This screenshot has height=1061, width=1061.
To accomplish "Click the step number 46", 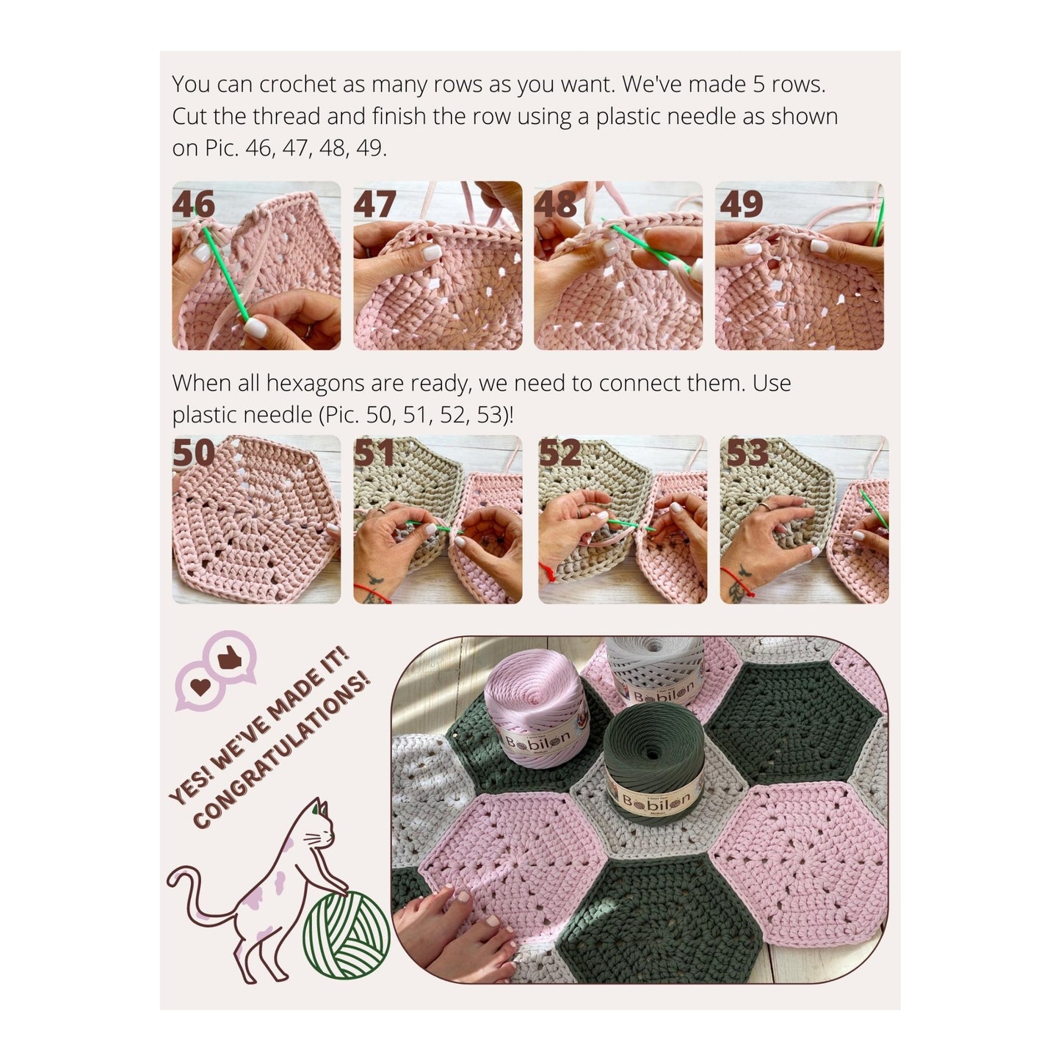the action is tap(193, 204).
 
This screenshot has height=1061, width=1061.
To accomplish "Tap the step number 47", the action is tap(374, 204).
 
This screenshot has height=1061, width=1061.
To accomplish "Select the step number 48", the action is tap(556, 204).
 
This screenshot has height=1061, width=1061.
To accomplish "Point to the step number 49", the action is tap(741, 204).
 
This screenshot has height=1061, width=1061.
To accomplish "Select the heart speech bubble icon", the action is tap(200, 687).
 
